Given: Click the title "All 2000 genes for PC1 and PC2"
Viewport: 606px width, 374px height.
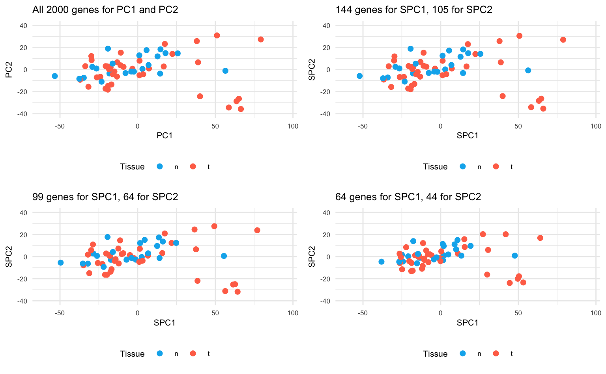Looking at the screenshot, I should pos(105,10).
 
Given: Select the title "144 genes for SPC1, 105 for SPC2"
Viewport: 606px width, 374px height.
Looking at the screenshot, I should pos(414,10).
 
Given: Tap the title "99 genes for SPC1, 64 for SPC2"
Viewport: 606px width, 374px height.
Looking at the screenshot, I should pos(105,197).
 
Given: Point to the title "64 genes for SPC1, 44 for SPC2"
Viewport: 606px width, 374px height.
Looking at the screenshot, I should pos(408,197).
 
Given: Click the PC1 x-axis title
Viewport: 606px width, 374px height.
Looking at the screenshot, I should pos(165,136).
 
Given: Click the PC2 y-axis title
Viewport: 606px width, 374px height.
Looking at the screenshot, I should pos(9,69).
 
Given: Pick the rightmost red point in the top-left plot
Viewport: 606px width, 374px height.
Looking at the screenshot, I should pos(261,39).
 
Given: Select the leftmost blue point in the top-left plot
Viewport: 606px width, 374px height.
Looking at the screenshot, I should pos(55,76).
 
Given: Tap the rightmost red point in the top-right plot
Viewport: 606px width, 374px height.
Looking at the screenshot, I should pos(563,40).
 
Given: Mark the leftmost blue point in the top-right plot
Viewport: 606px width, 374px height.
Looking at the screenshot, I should pos(359,76).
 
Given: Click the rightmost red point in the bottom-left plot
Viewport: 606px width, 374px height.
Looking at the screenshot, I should pos(257,230).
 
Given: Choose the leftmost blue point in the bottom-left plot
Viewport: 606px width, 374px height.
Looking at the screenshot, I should pos(60,262).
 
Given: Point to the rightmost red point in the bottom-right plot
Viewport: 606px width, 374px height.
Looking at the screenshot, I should pos(540,238).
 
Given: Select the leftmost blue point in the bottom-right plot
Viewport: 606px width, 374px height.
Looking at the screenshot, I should pos(381,262).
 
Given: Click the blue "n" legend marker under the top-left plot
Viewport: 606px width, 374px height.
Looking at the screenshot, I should pos(160,166).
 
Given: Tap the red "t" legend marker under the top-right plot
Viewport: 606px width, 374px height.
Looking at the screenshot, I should pos(496,166).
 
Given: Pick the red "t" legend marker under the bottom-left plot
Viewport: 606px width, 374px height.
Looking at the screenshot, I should pos(193,354).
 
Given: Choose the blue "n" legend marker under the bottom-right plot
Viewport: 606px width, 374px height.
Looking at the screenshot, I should pos(463,354).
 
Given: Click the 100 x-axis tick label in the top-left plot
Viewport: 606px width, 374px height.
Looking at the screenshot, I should pos(293,126).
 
